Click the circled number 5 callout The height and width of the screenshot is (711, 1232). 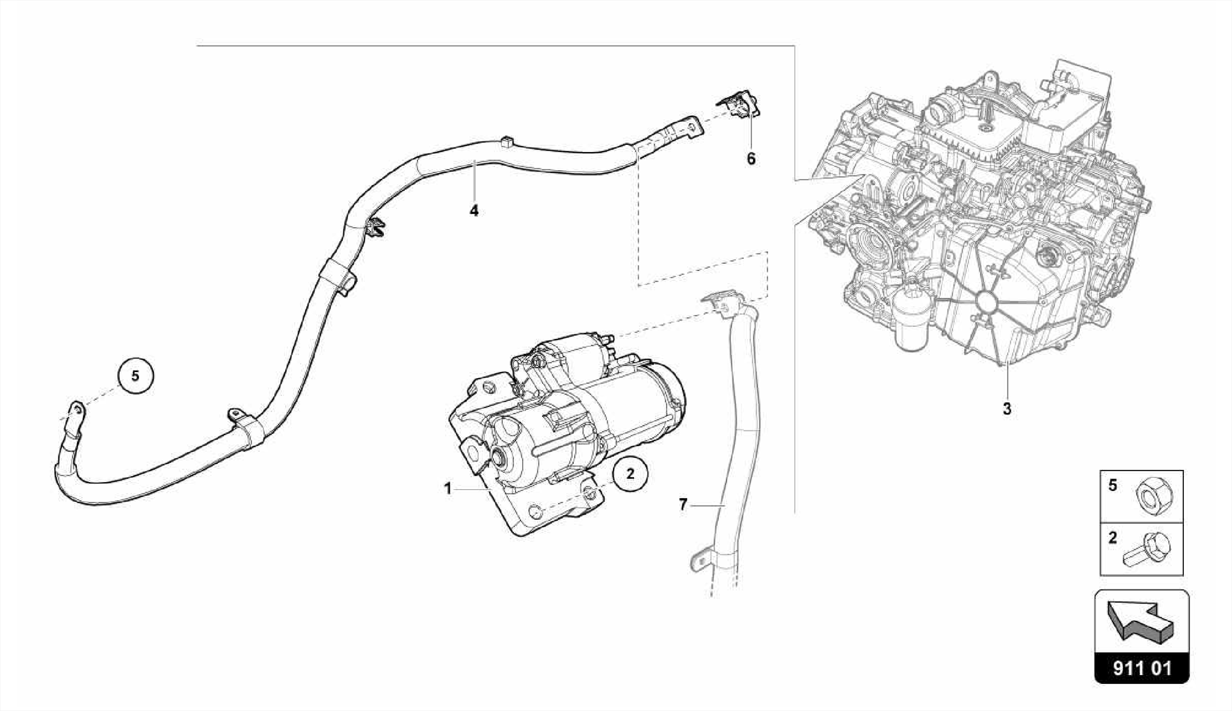(x=135, y=376)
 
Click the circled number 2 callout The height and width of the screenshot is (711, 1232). (x=630, y=474)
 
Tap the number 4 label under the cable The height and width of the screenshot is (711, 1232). (x=474, y=211)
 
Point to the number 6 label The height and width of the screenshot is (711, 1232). (x=751, y=159)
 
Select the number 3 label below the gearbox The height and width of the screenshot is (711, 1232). (x=1006, y=409)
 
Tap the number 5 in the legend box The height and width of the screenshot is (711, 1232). (x=1113, y=485)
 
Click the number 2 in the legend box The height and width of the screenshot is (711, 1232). (x=1113, y=538)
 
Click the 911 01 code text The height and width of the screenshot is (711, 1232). (x=1142, y=669)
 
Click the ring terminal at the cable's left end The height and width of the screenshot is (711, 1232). (x=77, y=410)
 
